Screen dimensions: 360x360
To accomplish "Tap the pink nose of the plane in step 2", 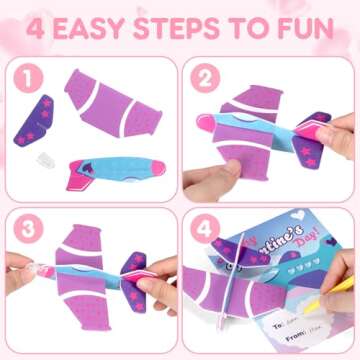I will [318, 131].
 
